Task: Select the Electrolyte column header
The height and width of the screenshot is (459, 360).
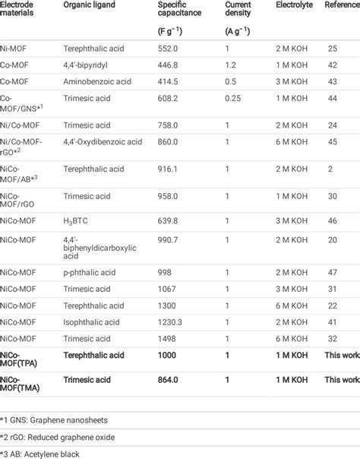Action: pos(294,4)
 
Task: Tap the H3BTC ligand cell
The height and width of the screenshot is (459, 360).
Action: pos(76,221)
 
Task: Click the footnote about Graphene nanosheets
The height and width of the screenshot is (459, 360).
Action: pos(57,419)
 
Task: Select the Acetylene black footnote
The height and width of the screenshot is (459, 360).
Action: pos(49,454)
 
